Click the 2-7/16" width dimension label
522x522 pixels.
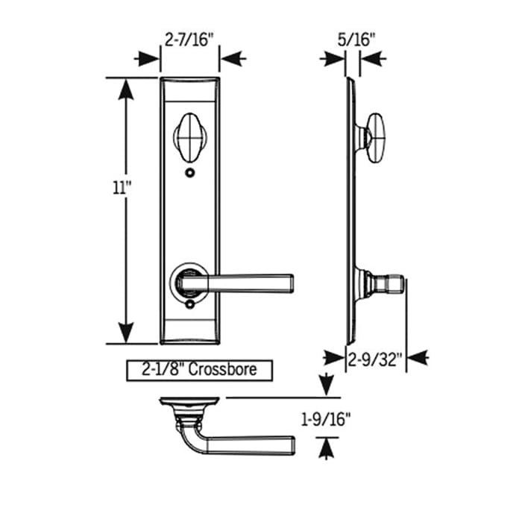click(190, 37)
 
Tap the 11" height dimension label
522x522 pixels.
click(113, 188)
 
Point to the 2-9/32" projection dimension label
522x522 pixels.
click(375, 362)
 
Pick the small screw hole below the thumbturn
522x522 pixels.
click(190, 173)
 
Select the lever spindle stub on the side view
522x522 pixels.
click(392, 284)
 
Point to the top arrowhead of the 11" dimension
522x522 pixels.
click(126, 88)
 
